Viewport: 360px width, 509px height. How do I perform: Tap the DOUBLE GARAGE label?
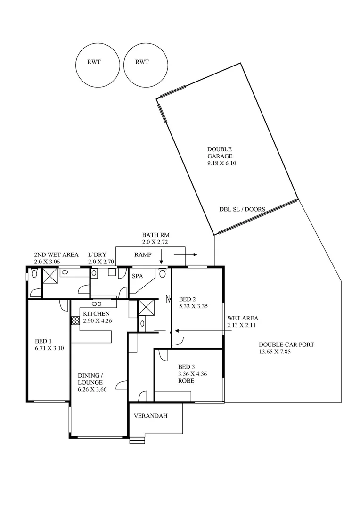point(220,153)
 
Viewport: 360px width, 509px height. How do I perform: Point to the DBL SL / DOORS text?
point(242,210)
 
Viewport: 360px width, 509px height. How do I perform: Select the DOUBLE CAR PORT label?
point(286,345)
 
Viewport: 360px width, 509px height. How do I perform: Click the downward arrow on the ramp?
point(161,257)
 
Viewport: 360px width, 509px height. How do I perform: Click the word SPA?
point(138,276)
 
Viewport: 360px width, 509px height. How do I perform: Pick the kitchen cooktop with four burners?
point(75,320)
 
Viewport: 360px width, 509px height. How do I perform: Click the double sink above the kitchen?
point(97,304)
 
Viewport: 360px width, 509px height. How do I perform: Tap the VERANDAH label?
point(151,416)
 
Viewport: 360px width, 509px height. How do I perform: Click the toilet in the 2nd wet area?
point(34,274)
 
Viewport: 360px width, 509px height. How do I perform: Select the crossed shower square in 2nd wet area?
point(50,276)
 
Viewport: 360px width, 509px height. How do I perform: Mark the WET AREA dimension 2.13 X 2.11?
point(243,325)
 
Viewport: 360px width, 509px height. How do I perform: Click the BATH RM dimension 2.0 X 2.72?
point(155,242)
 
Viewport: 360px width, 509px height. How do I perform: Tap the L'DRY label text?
point(97,255)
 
